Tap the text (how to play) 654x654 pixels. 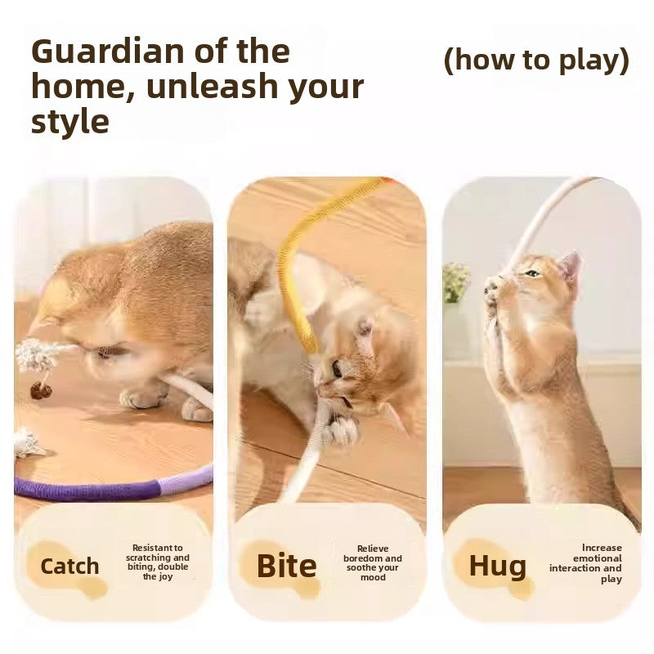point(536,60)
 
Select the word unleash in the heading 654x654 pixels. point(213,87)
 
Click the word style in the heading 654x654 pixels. point(69,121)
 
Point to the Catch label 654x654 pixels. point(69,566)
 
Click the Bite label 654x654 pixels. point(286,566)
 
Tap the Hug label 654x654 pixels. point(497,566)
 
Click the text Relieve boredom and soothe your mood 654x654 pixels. point(373,562)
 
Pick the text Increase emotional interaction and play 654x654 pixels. point(586,562)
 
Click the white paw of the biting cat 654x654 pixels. point(342,428)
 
